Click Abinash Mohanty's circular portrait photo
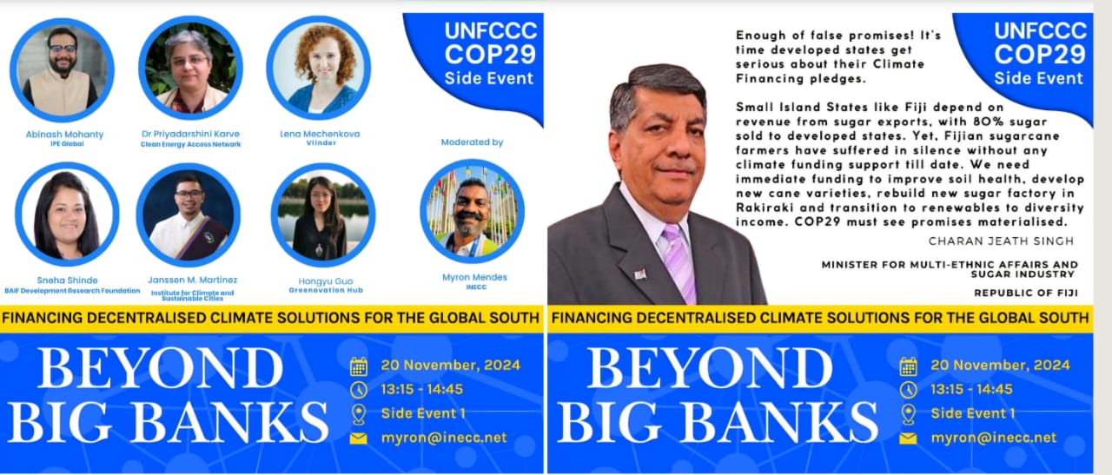tap(62, 70)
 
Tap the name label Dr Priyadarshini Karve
tap(190, 134)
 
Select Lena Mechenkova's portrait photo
tap(318, 68)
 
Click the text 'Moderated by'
tap(472, 142)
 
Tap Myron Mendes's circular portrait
tap(472, 211)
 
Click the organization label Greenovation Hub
tap(326, 290)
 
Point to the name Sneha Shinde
tap(67, 280)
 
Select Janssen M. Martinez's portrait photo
tap(189, 214)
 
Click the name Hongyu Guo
tap(326, 281)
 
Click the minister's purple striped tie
tap(678, 263)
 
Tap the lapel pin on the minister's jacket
tap(640, 274)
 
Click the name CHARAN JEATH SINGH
tap(1001, 241)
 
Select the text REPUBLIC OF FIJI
tap(1026, 293)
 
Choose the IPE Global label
tap(67, 144)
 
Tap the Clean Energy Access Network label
tap(190, 144)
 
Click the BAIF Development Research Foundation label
tap(72, 291)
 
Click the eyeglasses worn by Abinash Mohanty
tap(63, 49)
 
